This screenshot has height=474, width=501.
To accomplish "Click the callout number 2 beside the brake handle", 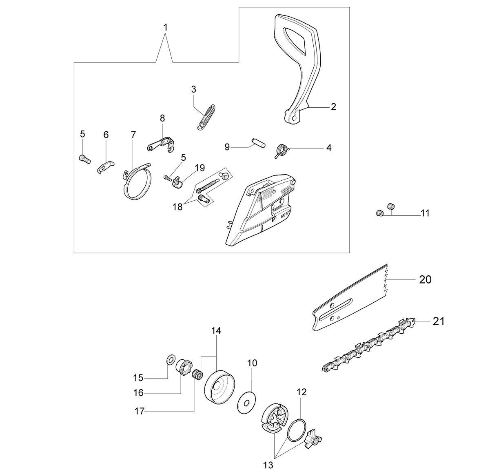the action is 333,106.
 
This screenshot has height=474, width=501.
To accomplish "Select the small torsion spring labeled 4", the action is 281,151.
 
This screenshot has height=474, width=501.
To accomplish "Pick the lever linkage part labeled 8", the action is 161,144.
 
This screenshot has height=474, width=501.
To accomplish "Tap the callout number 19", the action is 200,168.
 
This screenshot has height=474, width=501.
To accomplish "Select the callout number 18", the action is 177,207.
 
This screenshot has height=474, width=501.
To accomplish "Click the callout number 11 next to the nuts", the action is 425,213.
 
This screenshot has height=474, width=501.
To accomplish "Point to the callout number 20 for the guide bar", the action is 425,279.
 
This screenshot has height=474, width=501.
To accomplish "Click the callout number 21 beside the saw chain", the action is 438,321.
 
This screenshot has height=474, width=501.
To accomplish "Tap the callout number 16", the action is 138,393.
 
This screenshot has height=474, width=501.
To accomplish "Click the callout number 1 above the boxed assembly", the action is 165,27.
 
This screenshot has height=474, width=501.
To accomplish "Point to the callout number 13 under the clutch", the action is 268,465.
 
